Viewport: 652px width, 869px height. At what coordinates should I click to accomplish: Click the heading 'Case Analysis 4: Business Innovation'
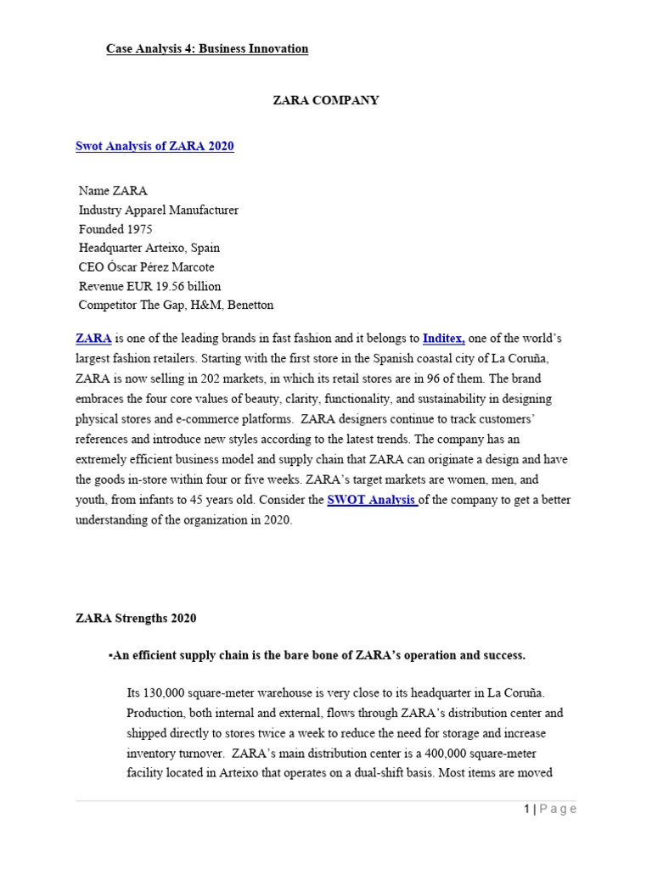207,49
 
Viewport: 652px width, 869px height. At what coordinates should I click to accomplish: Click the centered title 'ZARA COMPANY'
325,100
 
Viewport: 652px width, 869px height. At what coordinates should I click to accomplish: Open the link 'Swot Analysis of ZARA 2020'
155,146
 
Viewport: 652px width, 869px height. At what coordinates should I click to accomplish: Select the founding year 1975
140,229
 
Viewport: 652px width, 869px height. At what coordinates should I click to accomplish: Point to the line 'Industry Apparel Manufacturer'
159,210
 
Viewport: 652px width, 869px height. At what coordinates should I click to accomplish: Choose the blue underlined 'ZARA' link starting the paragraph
93,339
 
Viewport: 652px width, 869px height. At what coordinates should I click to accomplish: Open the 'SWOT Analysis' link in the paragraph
371,501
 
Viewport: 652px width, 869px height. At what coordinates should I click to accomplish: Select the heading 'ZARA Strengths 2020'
136,619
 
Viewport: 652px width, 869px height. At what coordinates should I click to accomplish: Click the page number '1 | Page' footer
549,810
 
